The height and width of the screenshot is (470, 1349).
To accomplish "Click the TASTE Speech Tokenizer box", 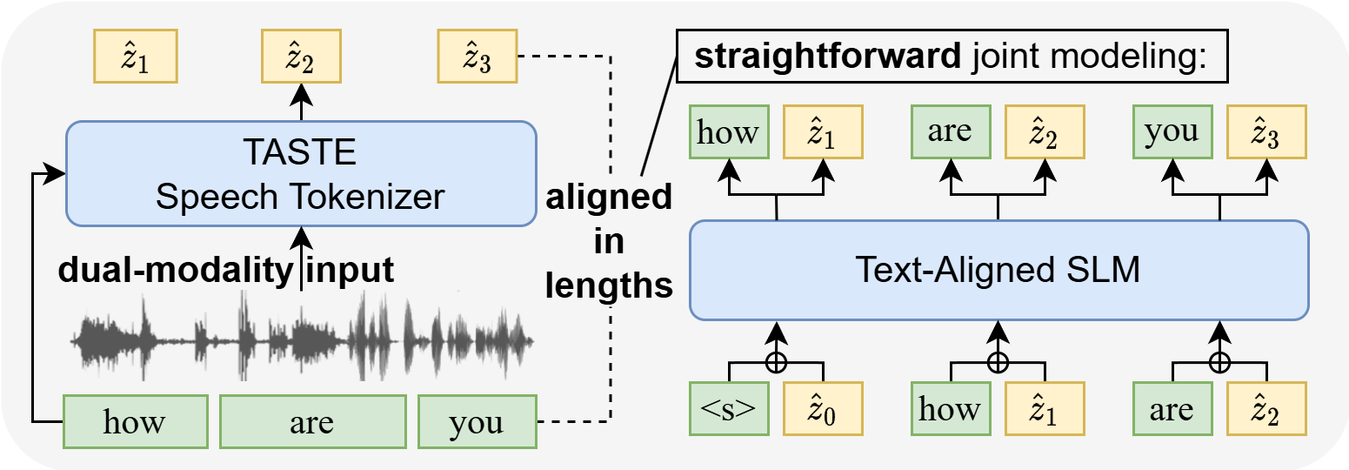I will [300, 173].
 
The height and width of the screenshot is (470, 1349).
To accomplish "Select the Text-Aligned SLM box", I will [998, 271].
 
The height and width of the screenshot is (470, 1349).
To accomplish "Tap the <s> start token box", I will [729, 408].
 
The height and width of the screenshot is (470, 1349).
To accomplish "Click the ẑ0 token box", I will [823, 408].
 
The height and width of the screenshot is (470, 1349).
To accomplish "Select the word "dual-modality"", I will [173, 271].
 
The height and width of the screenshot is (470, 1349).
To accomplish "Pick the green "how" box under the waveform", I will [135, 423].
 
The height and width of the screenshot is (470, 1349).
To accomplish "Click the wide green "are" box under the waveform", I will [312, 423].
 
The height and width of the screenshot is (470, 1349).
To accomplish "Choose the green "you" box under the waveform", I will [476, 423].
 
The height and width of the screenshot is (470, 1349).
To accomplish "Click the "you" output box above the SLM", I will [1171, 131].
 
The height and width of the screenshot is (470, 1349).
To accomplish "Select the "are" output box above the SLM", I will [950, 131].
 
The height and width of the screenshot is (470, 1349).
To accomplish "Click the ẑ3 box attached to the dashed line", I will [476, 58].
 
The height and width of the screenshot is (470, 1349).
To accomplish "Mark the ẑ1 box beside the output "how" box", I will [823, 131].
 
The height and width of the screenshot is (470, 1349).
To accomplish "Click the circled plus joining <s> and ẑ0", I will [776, 360].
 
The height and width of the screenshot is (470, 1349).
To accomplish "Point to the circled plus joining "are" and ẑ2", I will [1220, 360].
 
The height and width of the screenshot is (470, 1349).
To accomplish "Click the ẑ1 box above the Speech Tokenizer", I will [135, 58].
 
